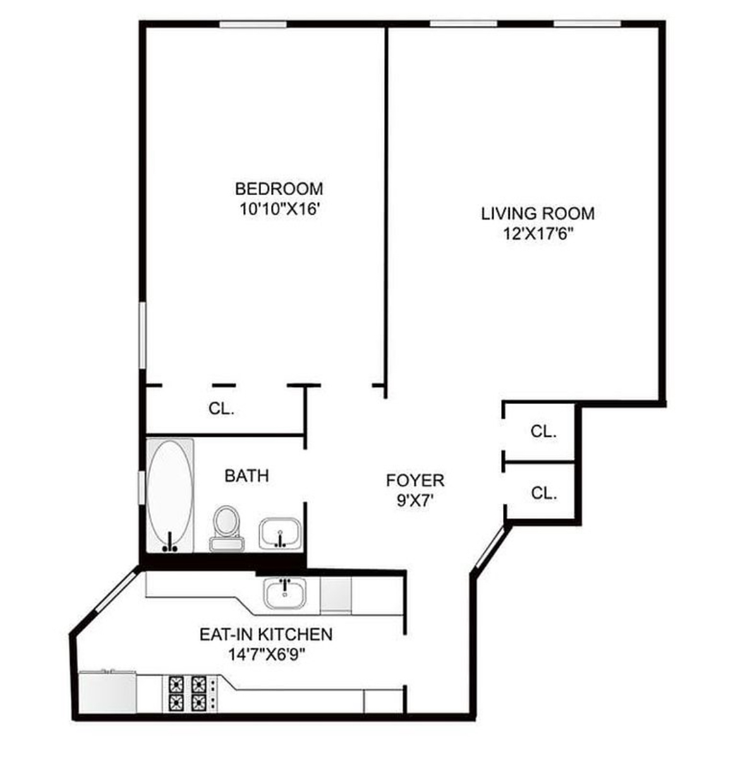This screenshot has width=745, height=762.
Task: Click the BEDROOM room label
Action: click(x=279, y=189)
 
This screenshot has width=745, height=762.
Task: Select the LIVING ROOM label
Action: click(x=538, y=213)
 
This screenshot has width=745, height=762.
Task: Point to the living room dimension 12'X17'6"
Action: click(x=538, y=234)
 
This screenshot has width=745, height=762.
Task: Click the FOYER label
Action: click(x=415, y=480)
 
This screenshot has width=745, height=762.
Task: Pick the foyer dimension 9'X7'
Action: click(x=415, y=503)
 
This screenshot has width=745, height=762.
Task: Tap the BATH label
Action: click(x=246, y=475)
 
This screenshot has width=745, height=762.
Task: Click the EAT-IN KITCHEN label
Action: click(x=265, y=634)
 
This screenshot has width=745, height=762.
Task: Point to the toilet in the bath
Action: click(x=226, y=528)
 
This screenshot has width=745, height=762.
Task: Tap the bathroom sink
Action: click(x=279, y=533)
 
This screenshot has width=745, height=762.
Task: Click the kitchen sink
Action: click(x=284, y=593)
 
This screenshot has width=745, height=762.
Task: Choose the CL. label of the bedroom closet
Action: click(x=221, y=409)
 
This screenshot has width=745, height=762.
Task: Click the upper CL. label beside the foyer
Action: click(x=543, y=432)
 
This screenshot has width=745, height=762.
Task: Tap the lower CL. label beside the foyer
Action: click(x=543, y=493)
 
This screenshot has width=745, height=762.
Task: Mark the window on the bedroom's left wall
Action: click(x=142, y=335)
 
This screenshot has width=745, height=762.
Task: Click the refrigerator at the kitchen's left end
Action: click(x=107, y=693)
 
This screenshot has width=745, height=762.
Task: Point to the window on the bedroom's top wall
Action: click(x=253, y=25)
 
